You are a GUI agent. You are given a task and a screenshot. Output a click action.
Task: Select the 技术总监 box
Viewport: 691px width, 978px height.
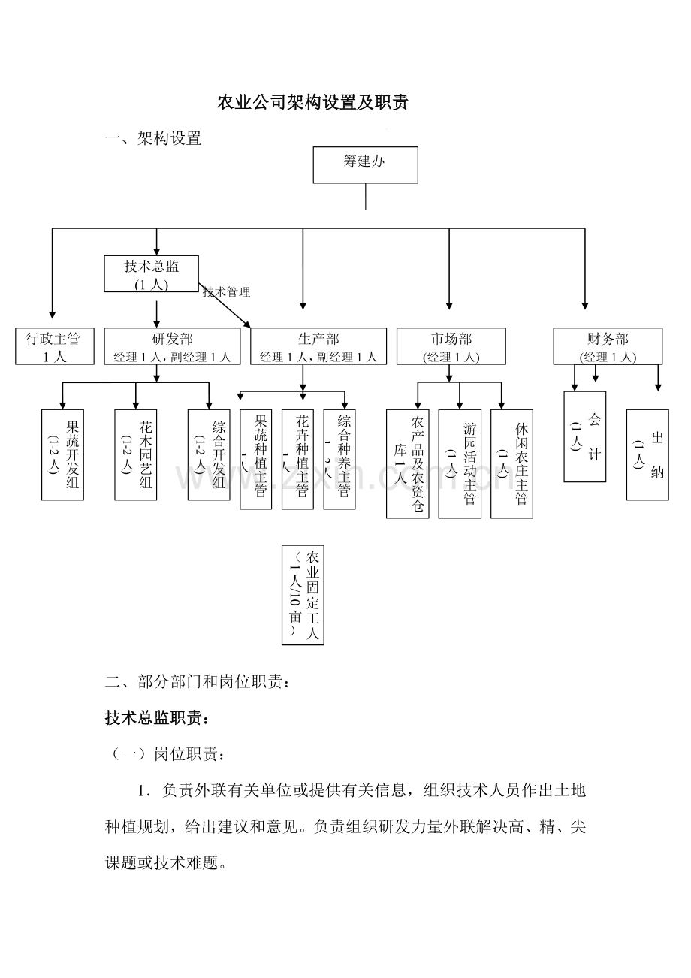152,274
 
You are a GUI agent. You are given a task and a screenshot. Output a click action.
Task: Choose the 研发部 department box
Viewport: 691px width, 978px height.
172,347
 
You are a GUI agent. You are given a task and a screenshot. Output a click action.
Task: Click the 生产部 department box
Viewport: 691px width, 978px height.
318,347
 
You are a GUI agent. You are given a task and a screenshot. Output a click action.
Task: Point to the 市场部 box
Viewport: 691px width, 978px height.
451,347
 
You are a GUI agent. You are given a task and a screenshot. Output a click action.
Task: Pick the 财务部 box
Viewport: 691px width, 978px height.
608,347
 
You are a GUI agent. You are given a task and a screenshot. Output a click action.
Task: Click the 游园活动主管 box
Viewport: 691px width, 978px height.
460,463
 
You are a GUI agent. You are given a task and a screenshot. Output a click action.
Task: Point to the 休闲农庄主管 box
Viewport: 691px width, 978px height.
511,463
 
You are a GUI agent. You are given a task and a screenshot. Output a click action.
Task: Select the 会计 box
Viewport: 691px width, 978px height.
584,437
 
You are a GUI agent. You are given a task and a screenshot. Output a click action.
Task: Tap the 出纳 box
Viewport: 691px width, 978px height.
647,455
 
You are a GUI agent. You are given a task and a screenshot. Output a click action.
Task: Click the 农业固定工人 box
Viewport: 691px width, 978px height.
303,595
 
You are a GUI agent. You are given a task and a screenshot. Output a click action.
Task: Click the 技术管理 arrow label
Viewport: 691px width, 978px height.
227,292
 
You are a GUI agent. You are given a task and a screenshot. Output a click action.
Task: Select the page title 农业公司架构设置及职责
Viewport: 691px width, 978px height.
312,103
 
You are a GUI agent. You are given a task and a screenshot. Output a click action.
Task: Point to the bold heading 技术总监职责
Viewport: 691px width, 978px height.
157,719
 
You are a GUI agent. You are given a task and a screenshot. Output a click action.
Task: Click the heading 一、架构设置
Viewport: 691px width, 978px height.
154,139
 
